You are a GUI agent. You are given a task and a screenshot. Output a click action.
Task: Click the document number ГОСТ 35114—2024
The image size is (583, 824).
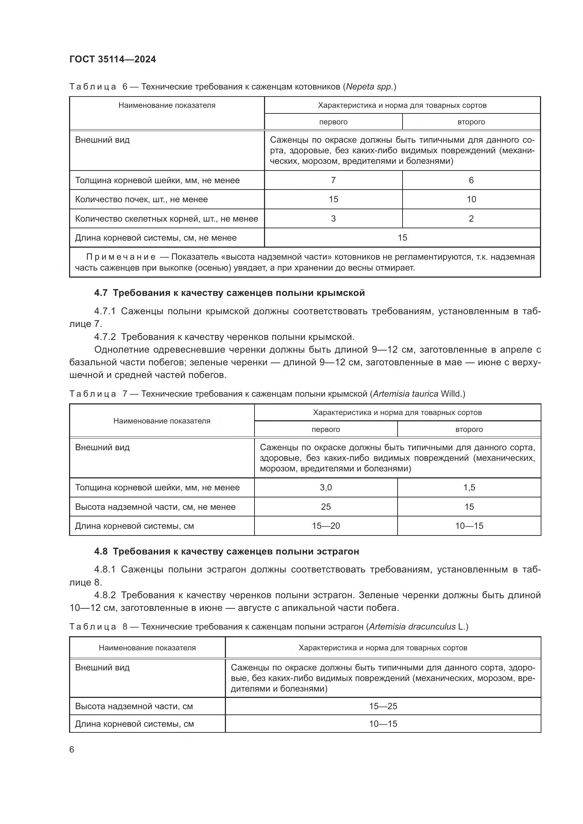[112, 60]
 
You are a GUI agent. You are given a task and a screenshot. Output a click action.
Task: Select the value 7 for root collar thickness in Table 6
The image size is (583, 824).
[333, 180]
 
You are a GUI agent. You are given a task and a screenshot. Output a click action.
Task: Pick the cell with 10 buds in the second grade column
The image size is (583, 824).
[471, 199]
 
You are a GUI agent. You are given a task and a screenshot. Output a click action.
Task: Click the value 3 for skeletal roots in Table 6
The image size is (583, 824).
[333, 218]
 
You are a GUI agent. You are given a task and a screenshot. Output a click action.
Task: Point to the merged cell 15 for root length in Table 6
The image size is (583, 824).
[402, 237]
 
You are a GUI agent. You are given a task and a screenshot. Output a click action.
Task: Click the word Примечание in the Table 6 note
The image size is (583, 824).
[121, 257]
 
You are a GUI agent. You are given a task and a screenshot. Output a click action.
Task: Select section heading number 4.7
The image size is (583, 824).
[101, 293]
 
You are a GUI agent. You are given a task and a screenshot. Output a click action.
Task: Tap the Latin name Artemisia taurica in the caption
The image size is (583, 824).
[405, 394]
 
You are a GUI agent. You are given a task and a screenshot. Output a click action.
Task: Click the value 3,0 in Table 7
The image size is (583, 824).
[326, 487]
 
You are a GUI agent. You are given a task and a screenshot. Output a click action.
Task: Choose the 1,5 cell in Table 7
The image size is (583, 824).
[469, 487]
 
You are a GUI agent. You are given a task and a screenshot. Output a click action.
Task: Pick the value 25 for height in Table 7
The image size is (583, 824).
[326, 507]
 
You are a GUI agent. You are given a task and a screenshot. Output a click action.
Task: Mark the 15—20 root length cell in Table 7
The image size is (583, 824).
[326, 526]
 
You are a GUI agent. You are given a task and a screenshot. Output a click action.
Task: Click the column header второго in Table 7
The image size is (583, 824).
[469, 429]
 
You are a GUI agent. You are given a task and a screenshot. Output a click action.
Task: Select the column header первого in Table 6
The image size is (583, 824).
[333, 122]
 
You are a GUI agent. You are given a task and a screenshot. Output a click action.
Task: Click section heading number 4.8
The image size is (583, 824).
[101, 551]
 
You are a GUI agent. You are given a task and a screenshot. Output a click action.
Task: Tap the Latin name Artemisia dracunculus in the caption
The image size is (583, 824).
[412, 627]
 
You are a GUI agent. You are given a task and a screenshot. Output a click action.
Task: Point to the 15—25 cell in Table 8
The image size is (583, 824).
[383, 706]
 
